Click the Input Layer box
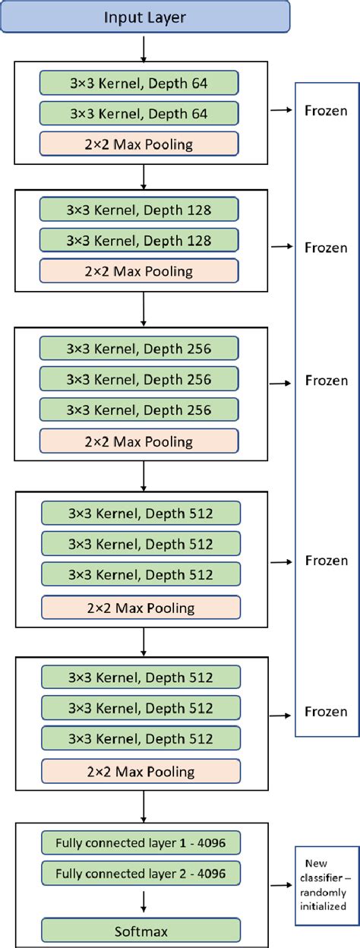pos(144,16)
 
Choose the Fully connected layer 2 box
pos(141,874)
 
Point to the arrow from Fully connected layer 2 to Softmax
pos(144,901)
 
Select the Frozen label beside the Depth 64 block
pos(326,111)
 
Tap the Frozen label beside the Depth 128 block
pos(326,247)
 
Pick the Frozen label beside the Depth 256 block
pos(326,381)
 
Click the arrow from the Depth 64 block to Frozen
pos(280,111)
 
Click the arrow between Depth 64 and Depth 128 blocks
pos(144,177)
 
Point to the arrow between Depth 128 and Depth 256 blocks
pos(144,309)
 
